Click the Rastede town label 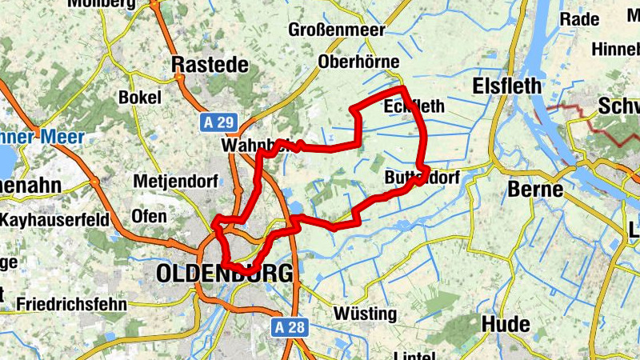[x=211, y=65]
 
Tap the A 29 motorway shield [x=217, y=122]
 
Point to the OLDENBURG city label [x=225, y=274]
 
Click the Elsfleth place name [x=507, y=86]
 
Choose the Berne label [x=535, y=190]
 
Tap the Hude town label [x=506, y=324]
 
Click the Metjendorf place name [x=175, y=181]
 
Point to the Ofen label [x=150, y=216]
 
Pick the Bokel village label [x=139, y=97]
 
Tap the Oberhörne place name [x=358, y=62]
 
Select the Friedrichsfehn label [x=71, y=304]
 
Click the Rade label [x=578, y=19]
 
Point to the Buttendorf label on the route [x=422, y=177]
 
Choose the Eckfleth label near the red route [x=412, y=106]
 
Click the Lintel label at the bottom [x=414, y=354]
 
